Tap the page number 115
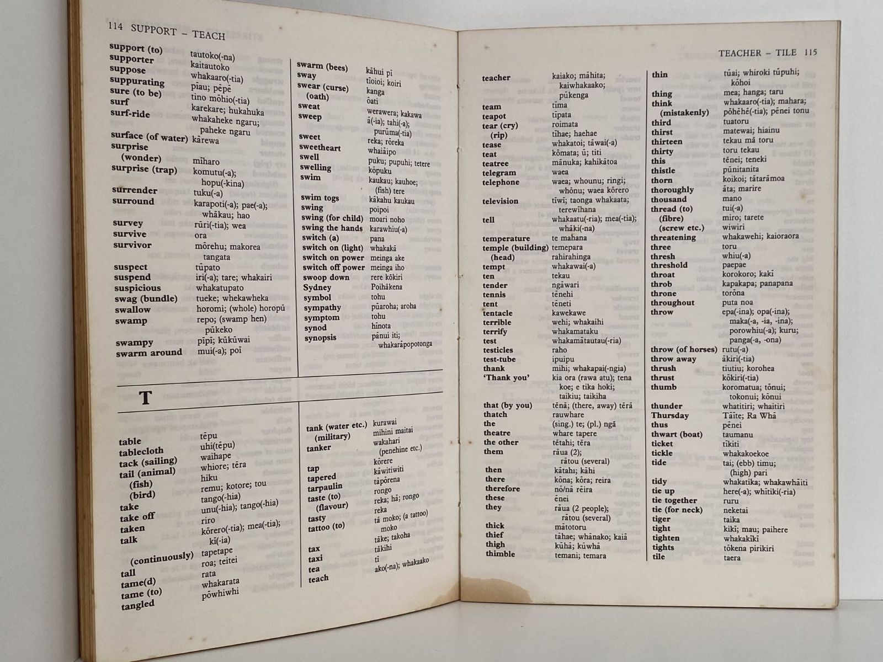point(810,52)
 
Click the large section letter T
point(145,398)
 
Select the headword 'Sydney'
point(317,287)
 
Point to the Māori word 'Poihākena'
point(386,287)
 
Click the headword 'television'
point(500,201)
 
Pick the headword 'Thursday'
point(669,415)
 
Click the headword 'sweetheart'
point(320,147)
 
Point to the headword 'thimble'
point(500,554)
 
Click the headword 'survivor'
point(132,245)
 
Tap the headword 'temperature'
point(506,238)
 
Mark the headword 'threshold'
point(669,265)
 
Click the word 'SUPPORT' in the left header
point(154,30)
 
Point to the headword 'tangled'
point(138,605)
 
